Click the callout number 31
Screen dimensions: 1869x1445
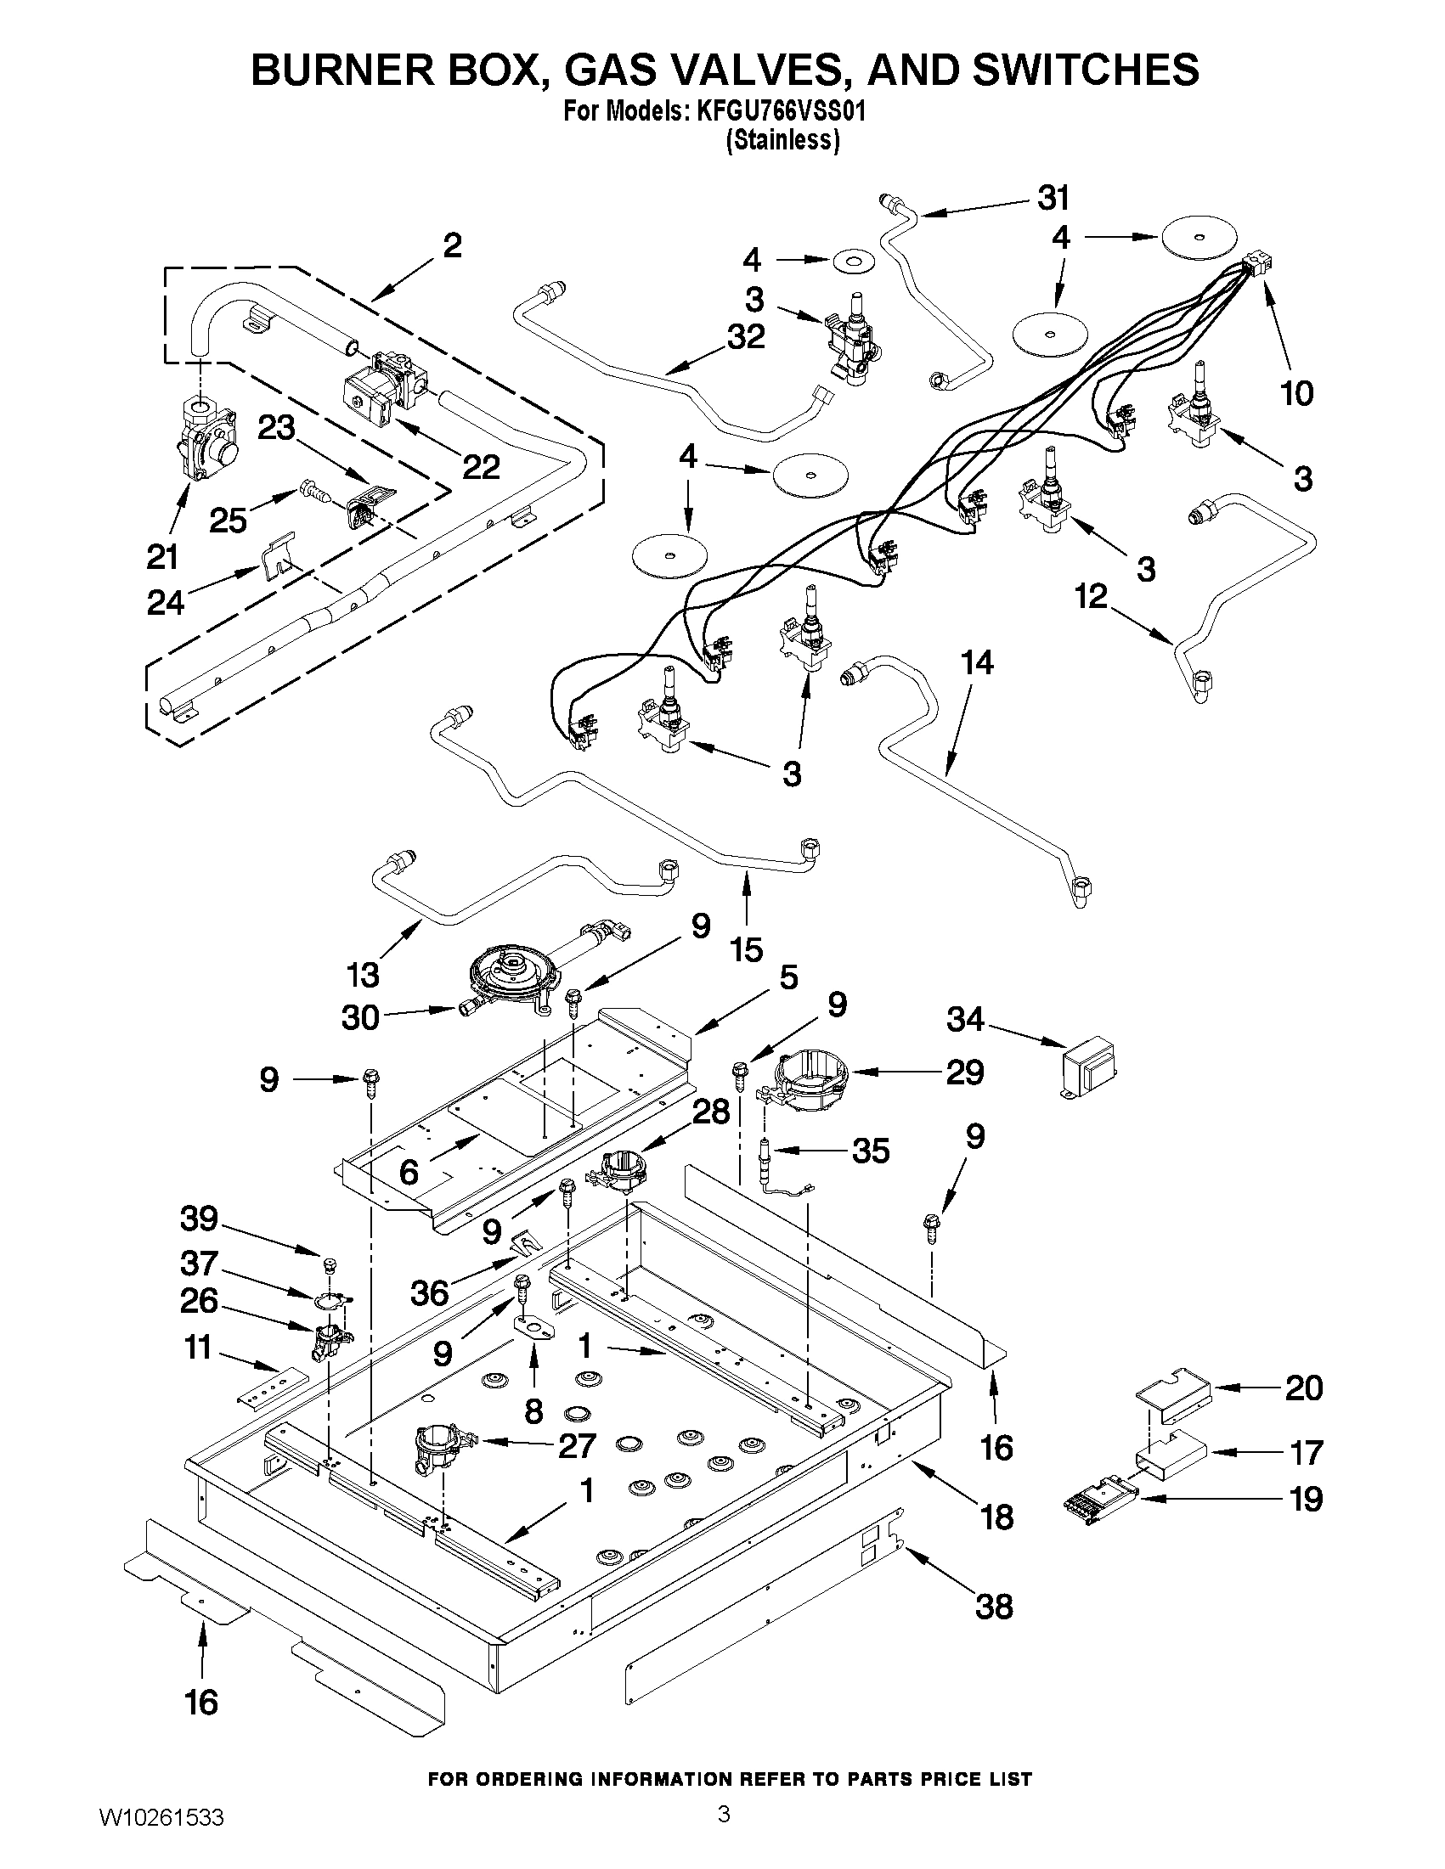coord(1053,199)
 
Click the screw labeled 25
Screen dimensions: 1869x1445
coord(313,492)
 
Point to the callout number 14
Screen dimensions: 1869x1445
coord(977,663)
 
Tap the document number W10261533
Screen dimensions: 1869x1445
coord(161,1834)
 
